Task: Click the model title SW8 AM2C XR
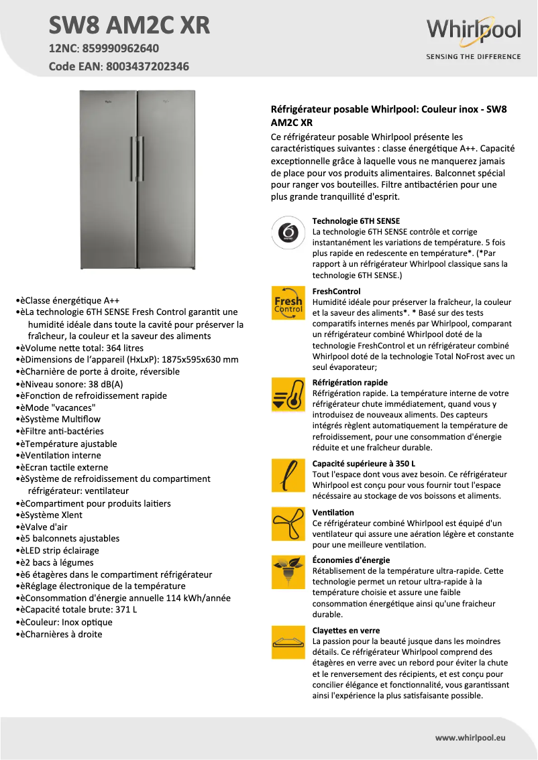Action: click(x=129, y=25)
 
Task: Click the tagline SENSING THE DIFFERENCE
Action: click(x=474, y=57)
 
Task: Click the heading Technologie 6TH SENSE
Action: click(x=356, y=220)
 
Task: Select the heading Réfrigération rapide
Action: click(x=350, y=383)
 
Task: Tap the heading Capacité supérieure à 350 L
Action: click(x=364, y=463)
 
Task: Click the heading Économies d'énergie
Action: click(x=351, y=560)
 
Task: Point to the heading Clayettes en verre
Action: click(x=346, y=631)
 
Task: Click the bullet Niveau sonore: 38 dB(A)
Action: click(x=75, y=384)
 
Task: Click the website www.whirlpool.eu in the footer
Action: click(x=470, y=737)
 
